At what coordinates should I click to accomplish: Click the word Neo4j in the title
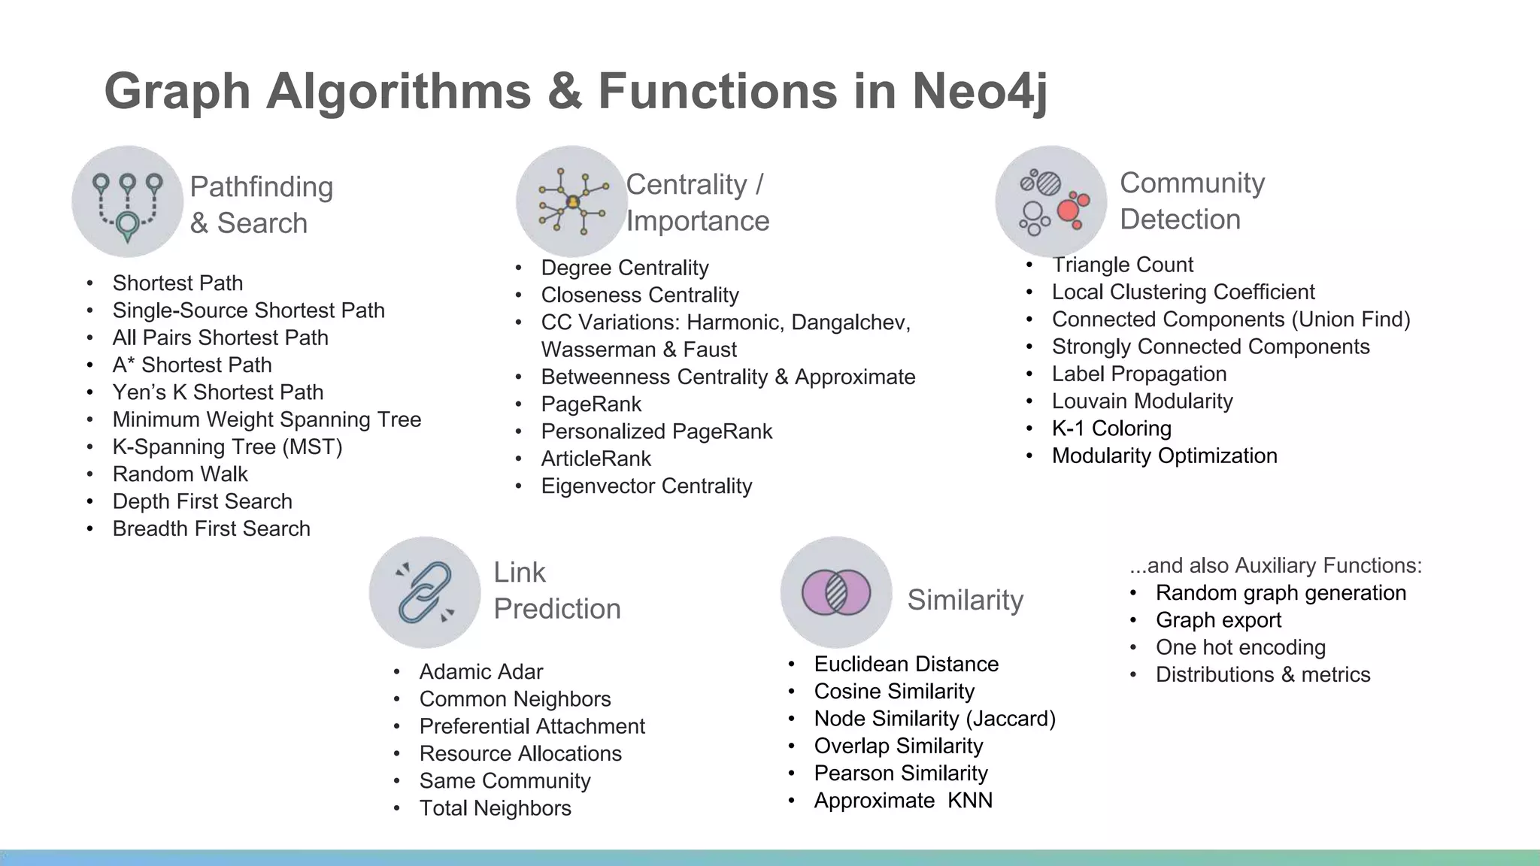pyautogui.click(x=979, y=91)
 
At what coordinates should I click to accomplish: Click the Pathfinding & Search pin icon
pyautogui.click(x=127, y=202)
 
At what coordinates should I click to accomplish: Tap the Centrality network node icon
pyautogui.click(x=572, y=201)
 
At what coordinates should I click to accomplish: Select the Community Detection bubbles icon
pyautogui.click(x=1050, y=201)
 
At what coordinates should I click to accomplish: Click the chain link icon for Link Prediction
pyautogui.click(x=425, y=592)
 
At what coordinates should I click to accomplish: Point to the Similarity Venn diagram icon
pyautogui.click(x=836, y=592)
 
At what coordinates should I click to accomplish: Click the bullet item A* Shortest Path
pyautogui.click(x=192, y=365)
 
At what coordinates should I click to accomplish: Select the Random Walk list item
pyautogui.click(x=180, y=474)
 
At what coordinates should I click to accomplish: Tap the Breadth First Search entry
pyautogui.click(x=211, y=528)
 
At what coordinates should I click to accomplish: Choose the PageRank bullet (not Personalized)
pyautogui.click(x=591, y=404)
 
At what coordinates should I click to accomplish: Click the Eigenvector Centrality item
pyautogui.click(x=646, y=486)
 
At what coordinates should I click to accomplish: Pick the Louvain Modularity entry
pyautogui.click(x=1141, y=401)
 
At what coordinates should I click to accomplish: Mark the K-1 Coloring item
pyautogui.click(x=1111, y=428)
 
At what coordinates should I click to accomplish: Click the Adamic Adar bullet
pyautogui.click(x=480, y=671)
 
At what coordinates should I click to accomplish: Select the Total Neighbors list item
pyautogui.click(x=495, y=808)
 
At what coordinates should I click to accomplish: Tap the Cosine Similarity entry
pyautogui.click(x=893, y=692)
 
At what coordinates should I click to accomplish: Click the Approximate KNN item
pyautogui.click(x=902, y=801)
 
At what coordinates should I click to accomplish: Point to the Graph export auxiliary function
pyautogui.click(x=1218, y=620)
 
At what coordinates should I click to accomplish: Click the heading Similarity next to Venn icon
pyautogui.click(x=965, y=600)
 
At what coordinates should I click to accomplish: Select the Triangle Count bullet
pyautogui.click(x=1122, y=265)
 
